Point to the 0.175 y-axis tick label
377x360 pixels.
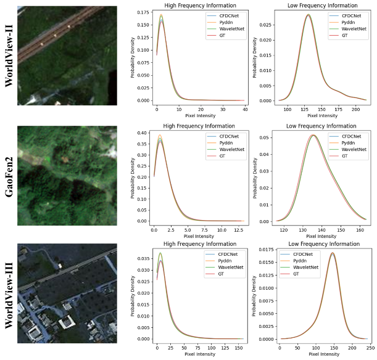[146, 12]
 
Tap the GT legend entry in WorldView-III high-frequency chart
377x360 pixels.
[222, 274]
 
